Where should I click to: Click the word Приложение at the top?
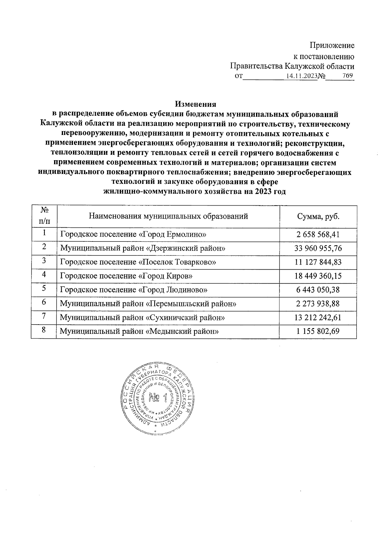(332, 45)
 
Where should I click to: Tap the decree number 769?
(347, 76)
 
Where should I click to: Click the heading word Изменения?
(196, 104)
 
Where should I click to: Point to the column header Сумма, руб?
(318, 216)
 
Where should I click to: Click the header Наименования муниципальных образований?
(168, 216)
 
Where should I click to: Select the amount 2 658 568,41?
(318, 235)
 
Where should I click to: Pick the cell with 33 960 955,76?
(318, 248)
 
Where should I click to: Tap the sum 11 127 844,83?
(318, 262)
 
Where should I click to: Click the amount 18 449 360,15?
(318, 276)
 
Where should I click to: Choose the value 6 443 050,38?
(318, 290)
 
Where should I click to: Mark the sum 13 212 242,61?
(318, 318)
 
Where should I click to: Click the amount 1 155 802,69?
(318, 331)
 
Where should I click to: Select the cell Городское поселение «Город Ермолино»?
(133, 235)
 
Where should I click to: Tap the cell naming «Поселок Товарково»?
(138, 262)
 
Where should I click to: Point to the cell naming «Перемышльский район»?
(148, 304)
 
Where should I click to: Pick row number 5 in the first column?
(44, 289)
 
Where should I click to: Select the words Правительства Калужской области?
(292, 66)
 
